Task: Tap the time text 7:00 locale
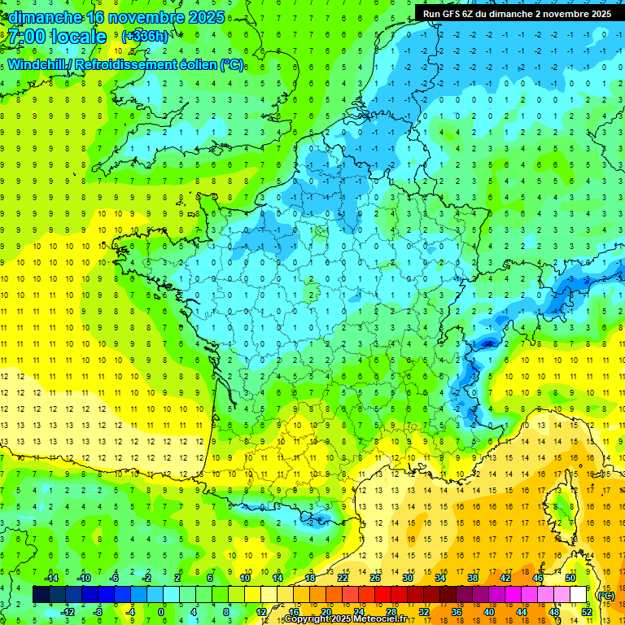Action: [x=57, y=37]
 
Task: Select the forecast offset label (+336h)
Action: [x=145, y=37]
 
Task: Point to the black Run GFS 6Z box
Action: [x=517, y=13]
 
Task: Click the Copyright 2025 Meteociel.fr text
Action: [x=345, y=619]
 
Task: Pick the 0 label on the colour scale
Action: [x=161, y=612]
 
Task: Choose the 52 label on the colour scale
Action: [x=587, y=612]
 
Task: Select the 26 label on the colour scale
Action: [x=375, y=578]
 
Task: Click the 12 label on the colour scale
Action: [x=261, y=612]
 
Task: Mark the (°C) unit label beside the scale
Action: [x=606, y=596]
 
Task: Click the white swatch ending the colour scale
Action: [x=579, y=595]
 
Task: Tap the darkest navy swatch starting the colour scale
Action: [x=41, y=595]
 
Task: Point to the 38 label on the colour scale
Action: [x=473, y=578]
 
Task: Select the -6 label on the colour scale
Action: [x=115, y=578]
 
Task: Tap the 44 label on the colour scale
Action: [x=522, y=612]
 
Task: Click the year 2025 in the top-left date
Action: [x=206, y=16]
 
